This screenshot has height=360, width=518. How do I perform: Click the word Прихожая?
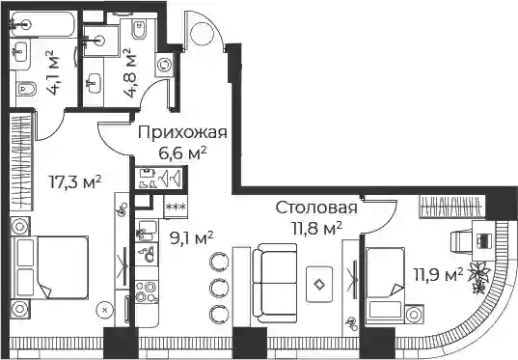(182, 132)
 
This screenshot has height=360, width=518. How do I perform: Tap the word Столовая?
(316, 208)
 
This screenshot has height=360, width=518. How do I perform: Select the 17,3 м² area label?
(75, 181)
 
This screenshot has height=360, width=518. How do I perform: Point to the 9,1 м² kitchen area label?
(191, 238)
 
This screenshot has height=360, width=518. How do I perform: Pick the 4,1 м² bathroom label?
(53, 72)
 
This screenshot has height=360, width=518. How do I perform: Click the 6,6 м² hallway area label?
(182, 153)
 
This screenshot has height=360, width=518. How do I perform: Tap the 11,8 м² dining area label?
(316, 228)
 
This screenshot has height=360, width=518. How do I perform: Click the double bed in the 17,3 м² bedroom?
(49, 267)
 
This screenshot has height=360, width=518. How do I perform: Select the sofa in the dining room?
(275, 283)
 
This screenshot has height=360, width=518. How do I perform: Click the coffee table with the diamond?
(319, 285)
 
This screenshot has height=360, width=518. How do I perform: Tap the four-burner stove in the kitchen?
(147, 291)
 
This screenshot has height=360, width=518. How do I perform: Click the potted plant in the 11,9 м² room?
(479, 276)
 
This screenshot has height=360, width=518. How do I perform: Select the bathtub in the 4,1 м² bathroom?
(42, 24)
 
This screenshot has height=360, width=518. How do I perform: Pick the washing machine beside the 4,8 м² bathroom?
(164, 65)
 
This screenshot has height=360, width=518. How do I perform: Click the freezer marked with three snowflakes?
(176, 207)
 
